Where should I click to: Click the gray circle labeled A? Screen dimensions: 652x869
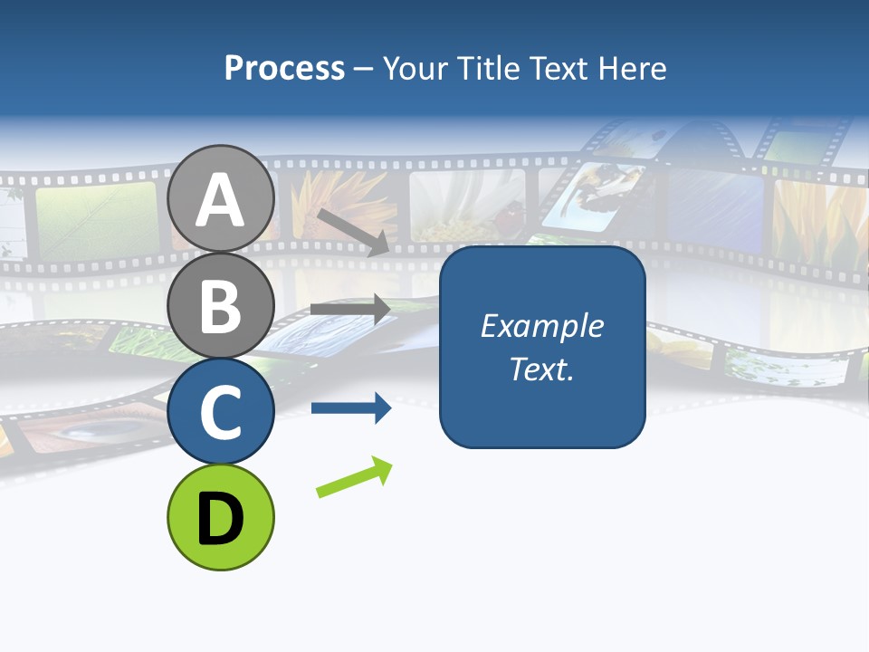220,198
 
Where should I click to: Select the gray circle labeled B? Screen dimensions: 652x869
220,305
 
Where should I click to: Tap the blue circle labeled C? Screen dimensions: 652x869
220,411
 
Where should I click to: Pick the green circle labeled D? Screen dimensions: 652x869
220,517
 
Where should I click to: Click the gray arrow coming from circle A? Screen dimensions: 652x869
353,232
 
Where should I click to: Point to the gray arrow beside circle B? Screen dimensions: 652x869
350,309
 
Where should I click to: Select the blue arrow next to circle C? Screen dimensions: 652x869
350,408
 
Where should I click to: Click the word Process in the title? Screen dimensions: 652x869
284,69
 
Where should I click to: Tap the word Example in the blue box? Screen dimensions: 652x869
541,326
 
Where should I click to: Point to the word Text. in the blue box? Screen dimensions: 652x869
541,369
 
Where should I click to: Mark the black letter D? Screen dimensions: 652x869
220,519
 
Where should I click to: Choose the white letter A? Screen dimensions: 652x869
220,200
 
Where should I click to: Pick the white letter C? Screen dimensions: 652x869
220,413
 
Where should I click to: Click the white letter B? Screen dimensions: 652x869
220,307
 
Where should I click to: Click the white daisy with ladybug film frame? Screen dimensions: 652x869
467,206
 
